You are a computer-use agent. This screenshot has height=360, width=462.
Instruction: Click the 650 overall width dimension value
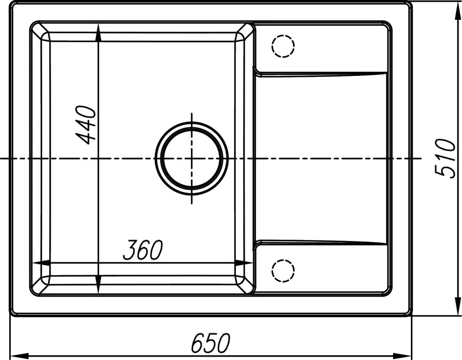pos(210,343)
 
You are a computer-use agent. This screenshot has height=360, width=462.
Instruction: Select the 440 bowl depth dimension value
pos(86,125)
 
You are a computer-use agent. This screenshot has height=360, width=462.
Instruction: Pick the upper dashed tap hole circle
pos(283,35)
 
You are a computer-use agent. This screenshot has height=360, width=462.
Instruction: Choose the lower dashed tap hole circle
pos(283,260)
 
